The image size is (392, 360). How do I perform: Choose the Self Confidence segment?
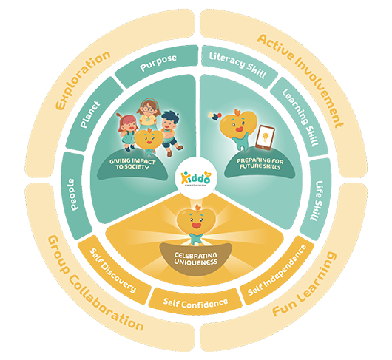(196, 301)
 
